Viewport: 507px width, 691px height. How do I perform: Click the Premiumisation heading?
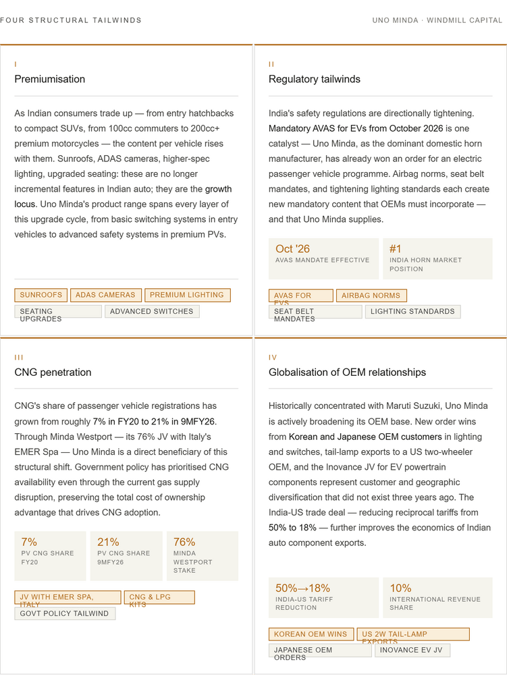(50, 79)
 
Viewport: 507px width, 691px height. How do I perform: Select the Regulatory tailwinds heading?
(314, 79)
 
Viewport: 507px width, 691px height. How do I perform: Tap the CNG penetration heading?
(53, 372)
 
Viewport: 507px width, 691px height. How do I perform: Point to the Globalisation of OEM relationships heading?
(347, 372)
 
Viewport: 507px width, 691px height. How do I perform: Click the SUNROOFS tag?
(41, 295)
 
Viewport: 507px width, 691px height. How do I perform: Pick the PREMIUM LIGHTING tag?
(187, 295)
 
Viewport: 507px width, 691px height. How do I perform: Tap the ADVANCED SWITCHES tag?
(152, 312)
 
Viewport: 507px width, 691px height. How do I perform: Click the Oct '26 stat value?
(292, 249)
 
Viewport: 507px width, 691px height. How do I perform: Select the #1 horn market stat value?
(396, 249)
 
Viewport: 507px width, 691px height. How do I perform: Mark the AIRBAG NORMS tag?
(371, 296)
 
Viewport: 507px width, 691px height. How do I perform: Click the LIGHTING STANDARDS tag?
(412, 312)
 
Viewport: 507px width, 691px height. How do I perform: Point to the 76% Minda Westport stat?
(184, 542)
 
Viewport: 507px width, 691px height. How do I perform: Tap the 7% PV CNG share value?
(29, 542)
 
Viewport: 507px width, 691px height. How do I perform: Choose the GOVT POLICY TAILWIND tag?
(65, 613)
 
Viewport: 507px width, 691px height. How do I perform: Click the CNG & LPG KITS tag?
(159, 597)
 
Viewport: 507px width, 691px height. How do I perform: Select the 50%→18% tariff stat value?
(302, 588)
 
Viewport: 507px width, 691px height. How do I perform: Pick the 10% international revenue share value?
(400, 588)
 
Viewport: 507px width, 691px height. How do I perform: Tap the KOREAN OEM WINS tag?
(311, 634)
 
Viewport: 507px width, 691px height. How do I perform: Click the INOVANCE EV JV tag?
(412, 651)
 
